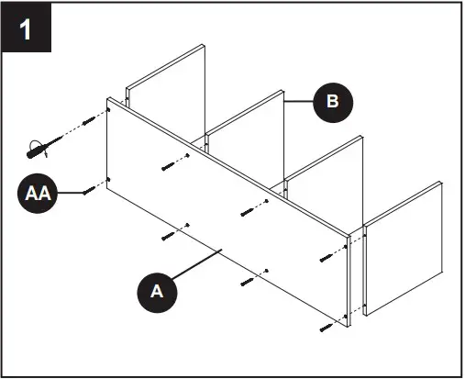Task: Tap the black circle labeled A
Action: (156, 291)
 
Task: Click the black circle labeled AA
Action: (38, 195)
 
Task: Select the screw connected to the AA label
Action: (89, 190)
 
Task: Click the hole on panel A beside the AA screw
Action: (109, 180)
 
